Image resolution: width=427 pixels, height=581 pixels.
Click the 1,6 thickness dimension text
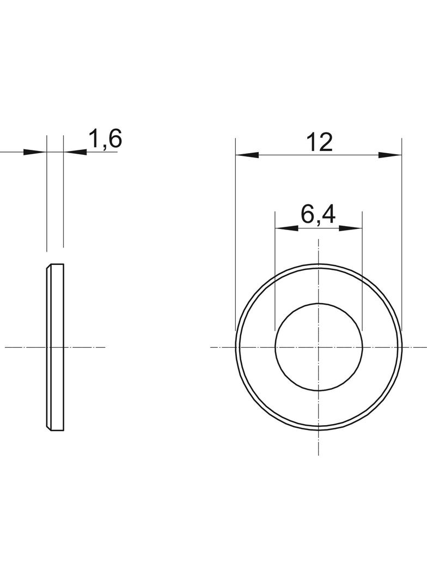(105, 140)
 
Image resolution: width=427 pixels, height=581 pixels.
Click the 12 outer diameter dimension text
(319, 142)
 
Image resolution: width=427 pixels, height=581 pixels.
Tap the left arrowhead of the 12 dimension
(247, 155)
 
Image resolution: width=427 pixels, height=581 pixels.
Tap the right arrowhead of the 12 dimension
(390, 155)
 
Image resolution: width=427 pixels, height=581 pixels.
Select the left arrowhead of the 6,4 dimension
(286, 228)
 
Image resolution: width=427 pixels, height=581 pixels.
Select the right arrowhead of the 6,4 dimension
(350, 228)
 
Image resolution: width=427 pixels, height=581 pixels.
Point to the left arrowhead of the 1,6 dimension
(35, 152)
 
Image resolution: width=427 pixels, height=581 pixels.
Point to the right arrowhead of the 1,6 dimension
(75, 152)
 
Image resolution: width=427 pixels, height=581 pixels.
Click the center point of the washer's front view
(319, 347)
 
